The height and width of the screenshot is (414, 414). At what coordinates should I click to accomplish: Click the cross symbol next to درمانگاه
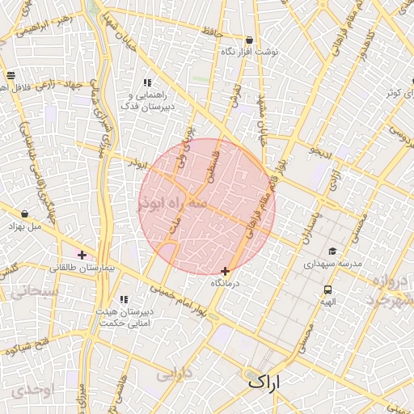[225, 271]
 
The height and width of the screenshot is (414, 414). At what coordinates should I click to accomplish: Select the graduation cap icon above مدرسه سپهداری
[332, 251]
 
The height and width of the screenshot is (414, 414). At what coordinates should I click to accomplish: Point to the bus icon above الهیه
[327, 289]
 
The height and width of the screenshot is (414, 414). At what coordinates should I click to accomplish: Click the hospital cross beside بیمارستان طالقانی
[82, 255]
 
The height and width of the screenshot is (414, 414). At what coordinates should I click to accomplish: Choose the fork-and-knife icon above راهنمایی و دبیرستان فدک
[147, 82]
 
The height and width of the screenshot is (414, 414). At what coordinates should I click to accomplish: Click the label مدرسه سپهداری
[332, 264]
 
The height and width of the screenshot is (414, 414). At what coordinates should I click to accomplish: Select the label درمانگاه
[226, 283]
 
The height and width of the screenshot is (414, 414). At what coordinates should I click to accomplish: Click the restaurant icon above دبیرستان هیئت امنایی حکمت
[123, 299]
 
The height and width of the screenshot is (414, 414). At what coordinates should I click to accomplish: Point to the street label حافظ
[234, 32]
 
